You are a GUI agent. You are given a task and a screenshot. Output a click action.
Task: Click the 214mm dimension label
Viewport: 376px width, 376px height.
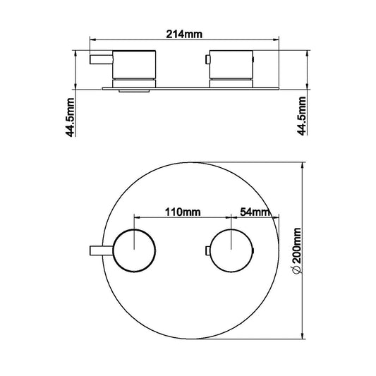(184, 35)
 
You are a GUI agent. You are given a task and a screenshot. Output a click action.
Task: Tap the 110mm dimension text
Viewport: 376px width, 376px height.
(183, 212)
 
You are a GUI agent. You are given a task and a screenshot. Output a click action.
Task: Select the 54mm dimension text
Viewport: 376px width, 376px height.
(255, 212)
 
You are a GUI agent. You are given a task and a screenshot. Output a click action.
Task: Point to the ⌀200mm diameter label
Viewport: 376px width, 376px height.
(296, 251)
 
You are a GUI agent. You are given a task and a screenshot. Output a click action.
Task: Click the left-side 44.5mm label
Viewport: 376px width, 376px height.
(71, 117)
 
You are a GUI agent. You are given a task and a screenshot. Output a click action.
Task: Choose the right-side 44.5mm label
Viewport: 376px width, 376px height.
(301, 116)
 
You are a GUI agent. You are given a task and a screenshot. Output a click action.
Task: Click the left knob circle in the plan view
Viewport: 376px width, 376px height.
(135, 250)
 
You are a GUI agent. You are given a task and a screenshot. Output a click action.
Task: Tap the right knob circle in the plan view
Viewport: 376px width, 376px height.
(231, 250)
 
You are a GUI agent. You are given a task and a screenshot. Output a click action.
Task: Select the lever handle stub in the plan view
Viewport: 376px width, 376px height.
(102, 251)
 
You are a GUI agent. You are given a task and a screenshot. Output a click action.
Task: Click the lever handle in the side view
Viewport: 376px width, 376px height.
(101, 59)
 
